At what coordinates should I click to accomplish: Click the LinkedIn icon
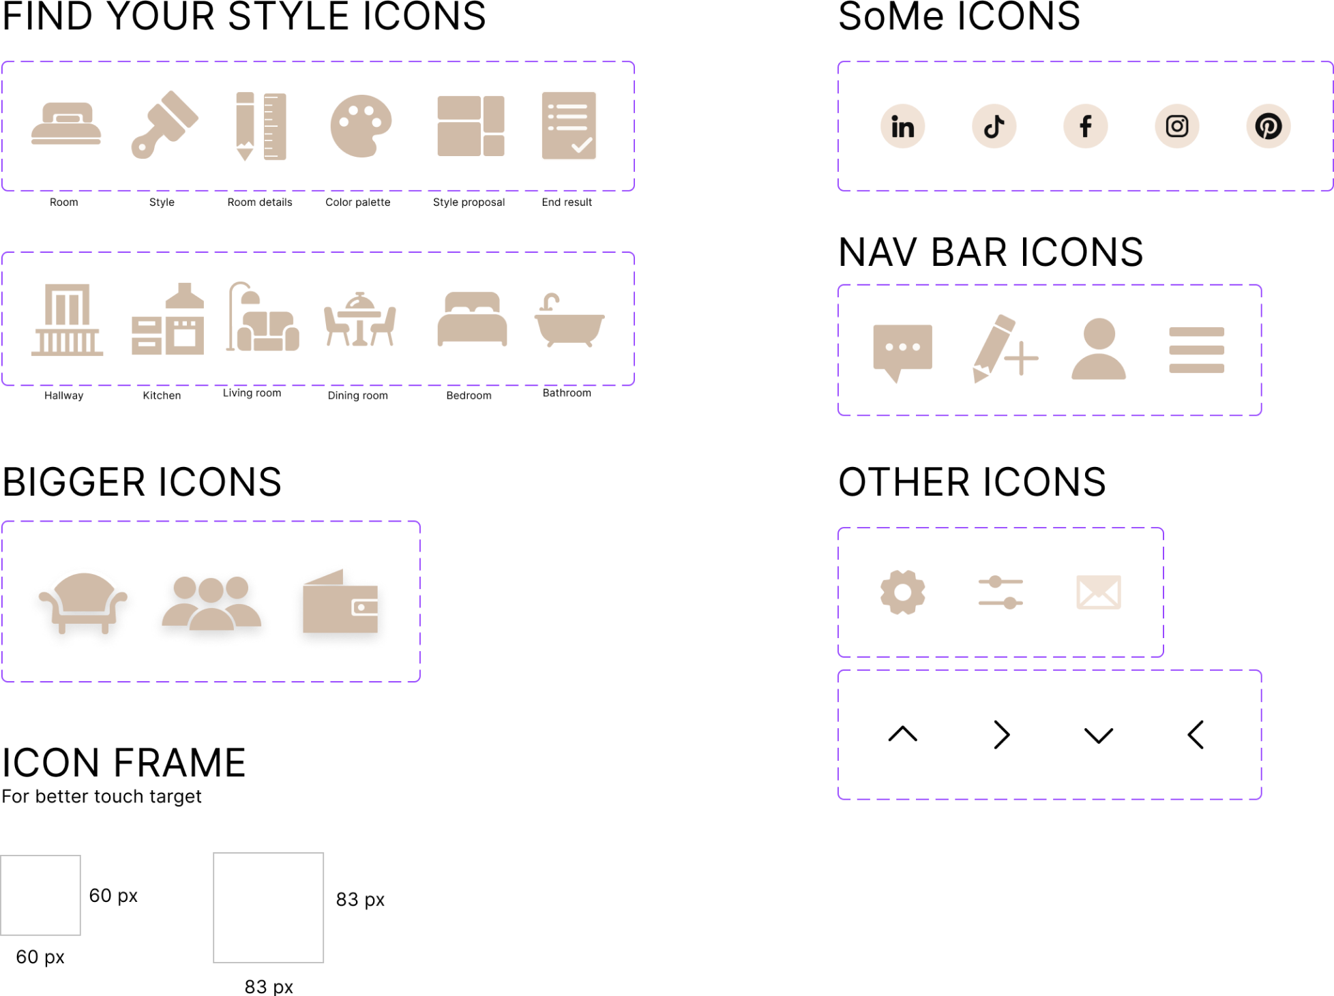click(x=902, y=127)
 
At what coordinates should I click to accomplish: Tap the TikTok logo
click(x=994, y=127)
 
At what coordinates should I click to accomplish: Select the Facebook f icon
click(x=1085, y=126)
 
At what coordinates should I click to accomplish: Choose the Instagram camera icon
click(x=1176, y=126)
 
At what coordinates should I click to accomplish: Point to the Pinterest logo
click(x=1268, y=126)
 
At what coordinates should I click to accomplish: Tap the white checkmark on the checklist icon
click(x=581, y=145)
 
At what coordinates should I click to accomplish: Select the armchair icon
click(x=83, y=604)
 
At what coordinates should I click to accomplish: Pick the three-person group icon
click(x=211, y=603)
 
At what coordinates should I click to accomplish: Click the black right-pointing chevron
click(x=998, y=740)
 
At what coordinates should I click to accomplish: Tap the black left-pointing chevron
click(x=1198, y=740)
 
